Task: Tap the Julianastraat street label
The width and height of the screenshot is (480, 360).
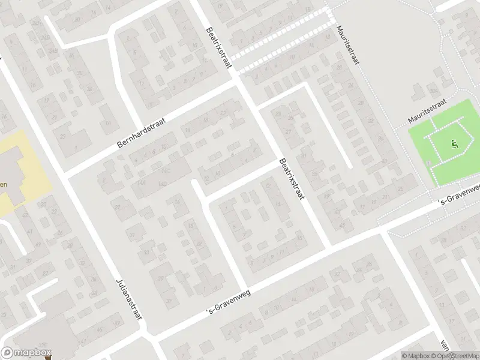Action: click(129, 298)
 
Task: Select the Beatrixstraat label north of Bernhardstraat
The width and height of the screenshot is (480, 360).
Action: click(218, 47)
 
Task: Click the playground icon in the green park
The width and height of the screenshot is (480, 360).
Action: click(454, 144)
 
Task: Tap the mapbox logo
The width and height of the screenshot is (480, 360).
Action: click(26, 353)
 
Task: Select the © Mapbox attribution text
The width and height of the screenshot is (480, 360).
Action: click(416, 356)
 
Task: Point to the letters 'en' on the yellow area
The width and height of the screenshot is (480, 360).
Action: click(4, 184)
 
